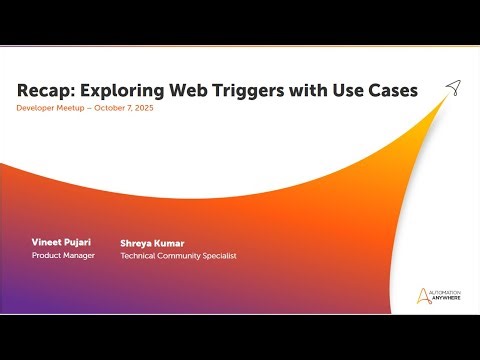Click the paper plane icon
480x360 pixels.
coord(452,87)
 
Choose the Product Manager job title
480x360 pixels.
coord(63,256)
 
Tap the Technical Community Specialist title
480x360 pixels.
coord(178,256)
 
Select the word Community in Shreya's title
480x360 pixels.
coord(178,256)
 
